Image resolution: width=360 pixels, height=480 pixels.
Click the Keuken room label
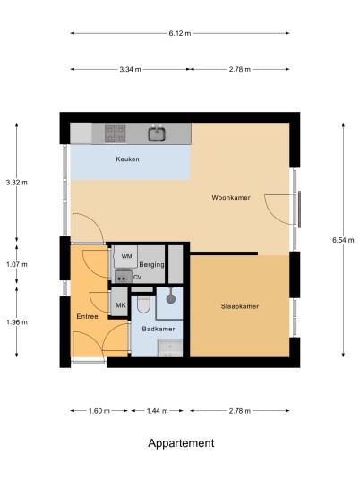tap(127, 159)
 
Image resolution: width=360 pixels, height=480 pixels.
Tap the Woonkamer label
tap(231, 197)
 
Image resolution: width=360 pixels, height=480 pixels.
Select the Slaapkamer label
tap(240, 306)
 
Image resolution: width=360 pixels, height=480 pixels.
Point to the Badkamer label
tap(159, 329)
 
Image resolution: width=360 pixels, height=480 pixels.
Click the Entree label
tap(87, 316)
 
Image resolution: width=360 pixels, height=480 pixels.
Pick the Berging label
tap(152, 264)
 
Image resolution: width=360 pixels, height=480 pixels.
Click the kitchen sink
tap(157, 134)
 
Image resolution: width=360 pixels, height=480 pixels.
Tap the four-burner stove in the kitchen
tap(116, 133)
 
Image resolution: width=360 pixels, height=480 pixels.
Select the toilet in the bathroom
tap(143, 304)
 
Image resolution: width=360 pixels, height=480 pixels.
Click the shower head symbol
tap(170, 298)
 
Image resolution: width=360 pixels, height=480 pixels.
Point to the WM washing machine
tap(125, 256)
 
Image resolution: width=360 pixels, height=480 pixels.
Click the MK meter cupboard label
tap(120, 305)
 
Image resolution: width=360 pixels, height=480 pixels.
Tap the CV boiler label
tap(137, 278)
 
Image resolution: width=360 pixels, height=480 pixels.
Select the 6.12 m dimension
tap(180, 33)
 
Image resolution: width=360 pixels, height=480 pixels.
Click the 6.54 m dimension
tap(343, 240)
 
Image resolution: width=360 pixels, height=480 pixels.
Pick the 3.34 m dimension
tap(131, 69)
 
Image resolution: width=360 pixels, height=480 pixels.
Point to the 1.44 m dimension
tap(157, 411)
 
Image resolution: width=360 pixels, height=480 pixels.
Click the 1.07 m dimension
tap(16, 264)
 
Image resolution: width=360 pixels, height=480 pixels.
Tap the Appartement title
tap(181, 443)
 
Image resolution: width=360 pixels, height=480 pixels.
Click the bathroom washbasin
tap(170, 348)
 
